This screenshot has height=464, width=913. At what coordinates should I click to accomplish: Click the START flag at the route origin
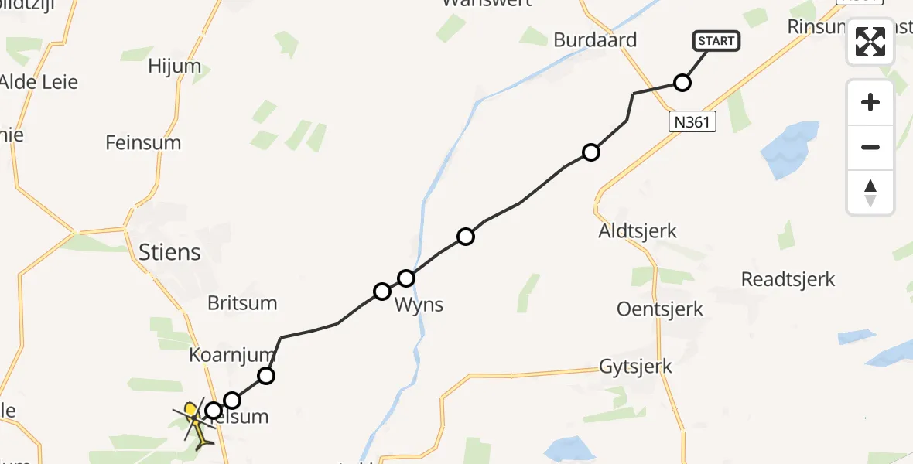(716, 41)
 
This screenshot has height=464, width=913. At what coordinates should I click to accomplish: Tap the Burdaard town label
(595, 40)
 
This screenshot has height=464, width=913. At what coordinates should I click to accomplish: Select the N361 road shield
(692, 121)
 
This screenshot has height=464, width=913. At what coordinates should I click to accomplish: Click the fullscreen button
(870, 42)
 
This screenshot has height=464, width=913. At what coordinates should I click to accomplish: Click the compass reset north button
(870, 193)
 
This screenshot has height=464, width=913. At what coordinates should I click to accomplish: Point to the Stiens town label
(169, 252)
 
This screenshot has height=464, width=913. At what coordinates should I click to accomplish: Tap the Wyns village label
(419, 305)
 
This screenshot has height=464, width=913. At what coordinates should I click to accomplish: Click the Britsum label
(242, 303)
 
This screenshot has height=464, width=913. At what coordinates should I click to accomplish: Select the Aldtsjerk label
(638, 230)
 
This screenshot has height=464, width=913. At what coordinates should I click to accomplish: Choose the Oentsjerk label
(660, 309)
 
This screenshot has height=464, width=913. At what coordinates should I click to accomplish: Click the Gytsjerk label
(636, 367)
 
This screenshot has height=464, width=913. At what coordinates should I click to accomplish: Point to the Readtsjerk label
(788, 279)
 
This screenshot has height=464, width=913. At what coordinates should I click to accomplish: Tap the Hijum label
(175, 67)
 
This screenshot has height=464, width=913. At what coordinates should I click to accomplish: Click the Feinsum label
(143, 143)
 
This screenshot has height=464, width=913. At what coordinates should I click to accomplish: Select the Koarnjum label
(232, 356)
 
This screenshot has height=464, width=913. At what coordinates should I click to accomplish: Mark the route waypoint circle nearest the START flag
(682, 83)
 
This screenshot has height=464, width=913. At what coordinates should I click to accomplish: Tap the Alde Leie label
(39, 82)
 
